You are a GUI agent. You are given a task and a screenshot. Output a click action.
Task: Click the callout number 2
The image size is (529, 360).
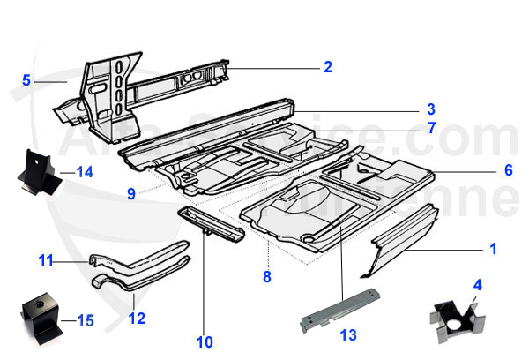(327, 66)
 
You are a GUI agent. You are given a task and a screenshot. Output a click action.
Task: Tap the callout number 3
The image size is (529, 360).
(431, 110)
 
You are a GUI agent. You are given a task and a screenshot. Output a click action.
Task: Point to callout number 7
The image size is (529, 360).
(432, 128)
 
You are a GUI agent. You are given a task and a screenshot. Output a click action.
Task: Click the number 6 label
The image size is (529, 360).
(507, 170)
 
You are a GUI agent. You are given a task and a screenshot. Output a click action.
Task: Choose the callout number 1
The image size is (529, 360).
(493, 250)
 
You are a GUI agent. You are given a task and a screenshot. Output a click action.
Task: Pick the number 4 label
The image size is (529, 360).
(478, 285)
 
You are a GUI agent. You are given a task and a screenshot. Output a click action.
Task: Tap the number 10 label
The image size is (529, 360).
(205, 341)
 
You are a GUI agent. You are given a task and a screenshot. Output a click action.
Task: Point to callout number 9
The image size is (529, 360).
(130, 191)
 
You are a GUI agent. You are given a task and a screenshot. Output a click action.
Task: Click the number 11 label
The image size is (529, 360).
(43, 259)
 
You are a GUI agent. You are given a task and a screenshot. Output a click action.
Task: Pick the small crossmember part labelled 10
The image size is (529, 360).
(212, 225)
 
